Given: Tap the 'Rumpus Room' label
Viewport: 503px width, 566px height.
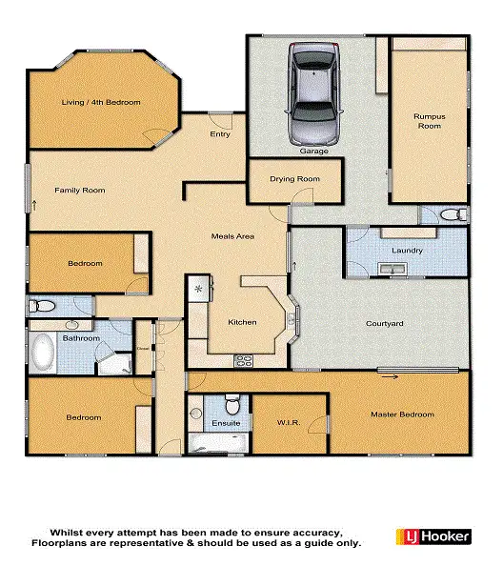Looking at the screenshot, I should [x=429, y=120].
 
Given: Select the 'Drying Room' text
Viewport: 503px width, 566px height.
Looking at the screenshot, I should [x=294, y=178].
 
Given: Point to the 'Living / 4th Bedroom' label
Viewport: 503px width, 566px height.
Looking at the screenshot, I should [x=101, y=102].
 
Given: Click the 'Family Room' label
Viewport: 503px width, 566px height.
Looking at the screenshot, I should [x=79, y=191].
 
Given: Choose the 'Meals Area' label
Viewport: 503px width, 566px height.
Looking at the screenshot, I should [x=231, y=236].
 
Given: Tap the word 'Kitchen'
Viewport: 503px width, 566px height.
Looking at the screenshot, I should [x=242, y=322].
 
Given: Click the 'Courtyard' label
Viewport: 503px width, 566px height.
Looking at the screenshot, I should [x=385, y=324].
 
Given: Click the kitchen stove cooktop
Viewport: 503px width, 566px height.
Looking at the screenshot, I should [x=243, y=360].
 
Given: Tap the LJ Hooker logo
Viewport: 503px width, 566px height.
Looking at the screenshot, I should [x=433, y=537].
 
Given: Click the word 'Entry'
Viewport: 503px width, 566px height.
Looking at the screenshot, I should [x=221, y=135].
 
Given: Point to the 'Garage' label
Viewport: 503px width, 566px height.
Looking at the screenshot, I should [x=313, y=152].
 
